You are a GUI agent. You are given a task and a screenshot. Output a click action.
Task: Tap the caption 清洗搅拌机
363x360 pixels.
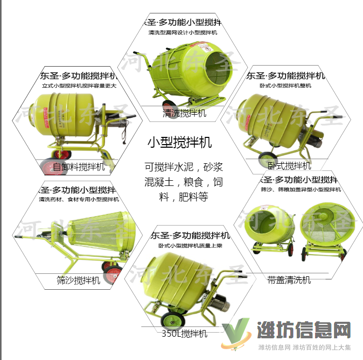pyautogui.click(x=184, y=113)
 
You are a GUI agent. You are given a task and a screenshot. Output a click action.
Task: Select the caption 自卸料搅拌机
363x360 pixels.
pyautogui.click(x=79, y=166)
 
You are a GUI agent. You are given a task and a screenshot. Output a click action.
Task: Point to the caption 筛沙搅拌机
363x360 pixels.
pyautogui.click(x=78, y=280)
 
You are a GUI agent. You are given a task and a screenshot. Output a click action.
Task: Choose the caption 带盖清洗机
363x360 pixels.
pyautogui.click(x=289, y=279)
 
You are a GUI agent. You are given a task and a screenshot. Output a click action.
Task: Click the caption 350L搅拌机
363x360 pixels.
pyautogui.click(x=184, y=333)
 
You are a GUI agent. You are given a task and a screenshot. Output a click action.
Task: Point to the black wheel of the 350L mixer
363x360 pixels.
pyautogui.click(x=170, y=321)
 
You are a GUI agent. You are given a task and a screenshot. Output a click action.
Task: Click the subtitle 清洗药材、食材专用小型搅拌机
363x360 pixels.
pyautogui.click(x=78, y=199)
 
